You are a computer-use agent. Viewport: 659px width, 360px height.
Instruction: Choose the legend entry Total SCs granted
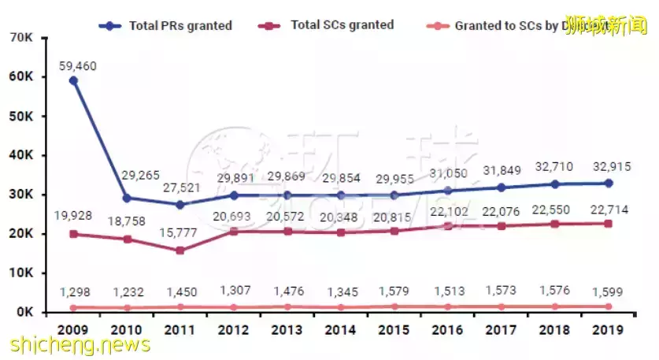(328, 25)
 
